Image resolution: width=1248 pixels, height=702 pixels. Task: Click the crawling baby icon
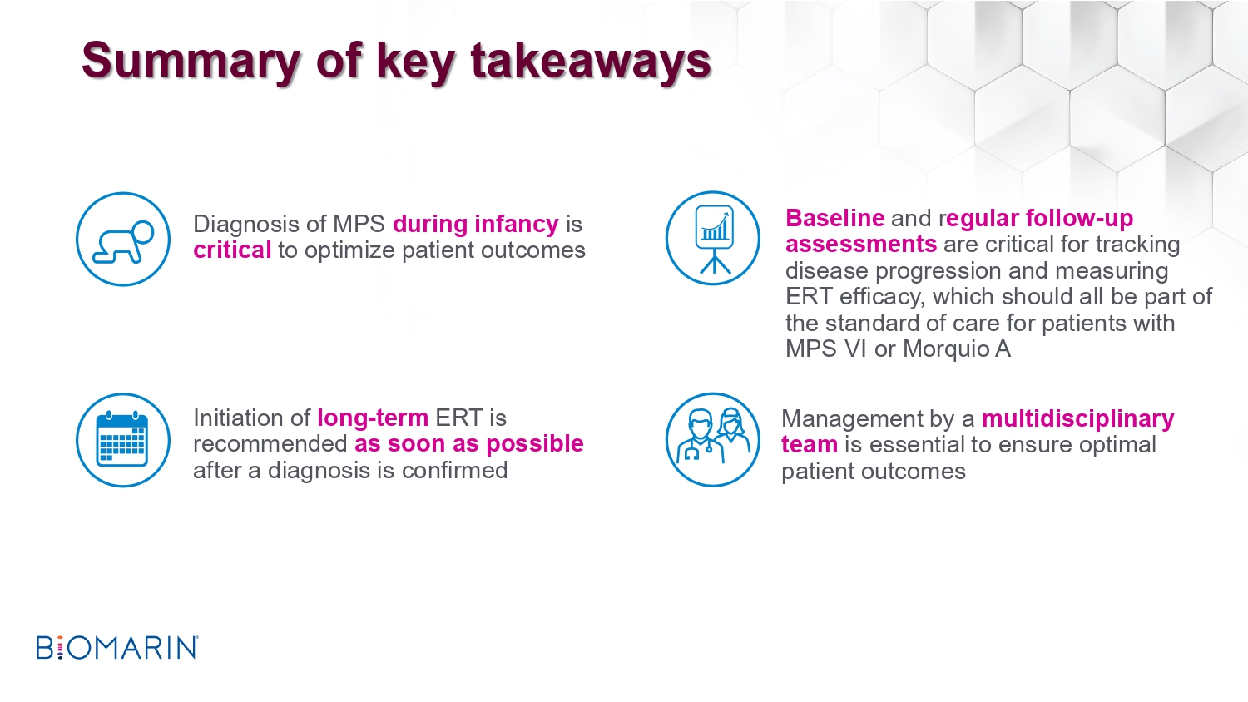coord(123,240)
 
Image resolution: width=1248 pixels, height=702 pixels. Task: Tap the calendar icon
coord(123,440)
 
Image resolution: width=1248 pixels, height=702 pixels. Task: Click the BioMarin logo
coord(117,647)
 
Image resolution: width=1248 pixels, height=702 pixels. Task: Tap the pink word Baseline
coord(834,218)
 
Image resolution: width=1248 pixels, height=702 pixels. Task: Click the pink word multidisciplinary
coord(1078,418)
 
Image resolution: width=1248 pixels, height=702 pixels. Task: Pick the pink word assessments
coord(861,244)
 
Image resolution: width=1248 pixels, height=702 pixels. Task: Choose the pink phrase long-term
coord(373,418)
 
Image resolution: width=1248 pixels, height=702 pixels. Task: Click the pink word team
coord(809,445)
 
